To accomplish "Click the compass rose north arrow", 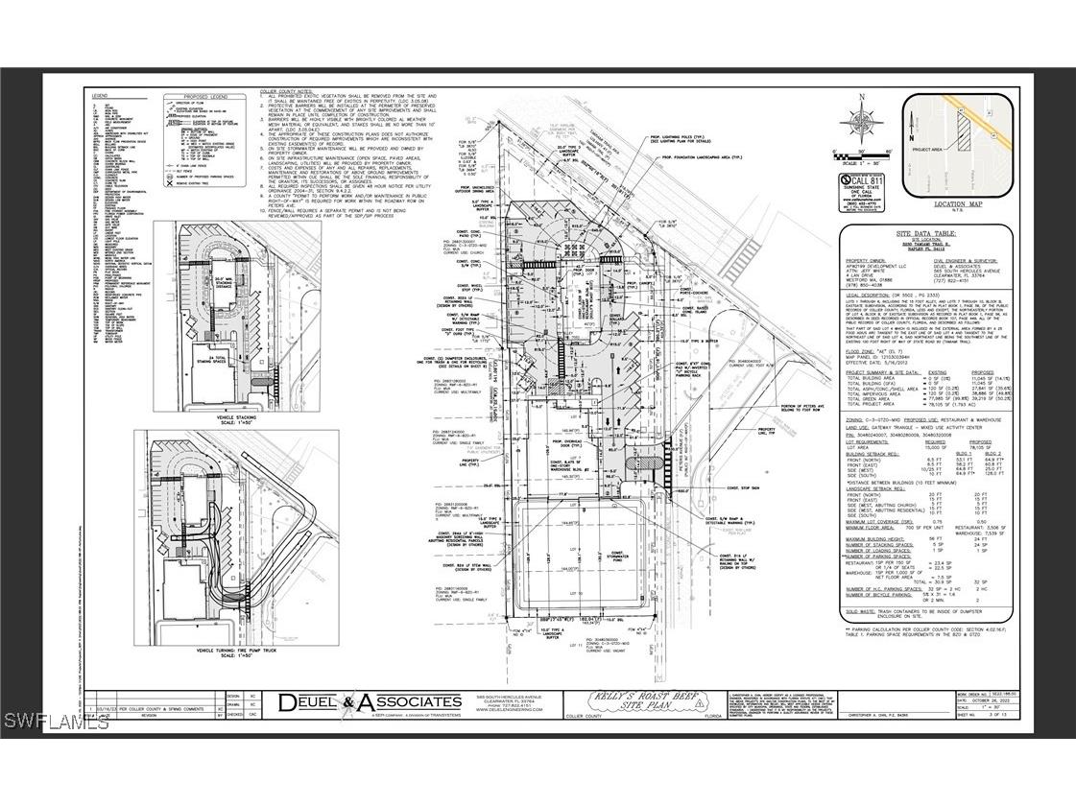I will pos(860,120).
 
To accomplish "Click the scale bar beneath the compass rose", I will pos(860,153).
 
